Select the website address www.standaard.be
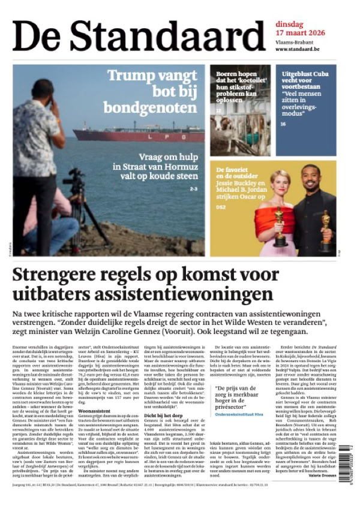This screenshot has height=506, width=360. [x=297, y=49]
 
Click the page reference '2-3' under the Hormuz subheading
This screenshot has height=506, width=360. [x=193, y=189]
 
